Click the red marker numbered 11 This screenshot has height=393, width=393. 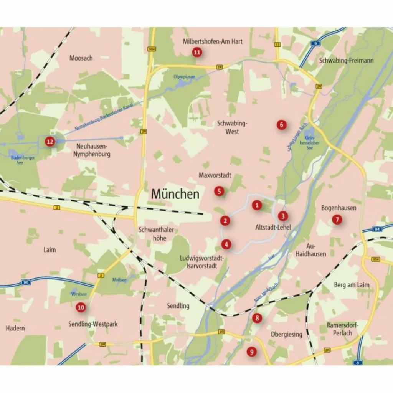[197, 53]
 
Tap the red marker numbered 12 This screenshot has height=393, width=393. [50, 142]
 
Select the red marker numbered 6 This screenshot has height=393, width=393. [281, 124]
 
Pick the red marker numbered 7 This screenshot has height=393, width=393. [337, 220]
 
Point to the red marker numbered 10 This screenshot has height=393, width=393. [81, 307]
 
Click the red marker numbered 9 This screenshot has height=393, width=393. [252, 351]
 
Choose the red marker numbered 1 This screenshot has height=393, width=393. [257, 205]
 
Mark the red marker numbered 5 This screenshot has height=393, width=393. [219, 191]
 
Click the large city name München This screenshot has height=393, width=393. [175, 194]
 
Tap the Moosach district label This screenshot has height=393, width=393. [81, 58]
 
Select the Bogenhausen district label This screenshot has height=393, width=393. [339, 208]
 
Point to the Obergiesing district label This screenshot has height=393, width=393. [286, 334]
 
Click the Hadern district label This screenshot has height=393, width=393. [15, 328]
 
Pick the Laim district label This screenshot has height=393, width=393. [50, 249]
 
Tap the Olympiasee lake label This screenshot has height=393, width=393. [184, 77]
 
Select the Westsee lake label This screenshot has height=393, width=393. [79, 294]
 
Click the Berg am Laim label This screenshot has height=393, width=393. [352, 285]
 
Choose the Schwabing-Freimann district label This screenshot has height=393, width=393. [346, 61]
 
